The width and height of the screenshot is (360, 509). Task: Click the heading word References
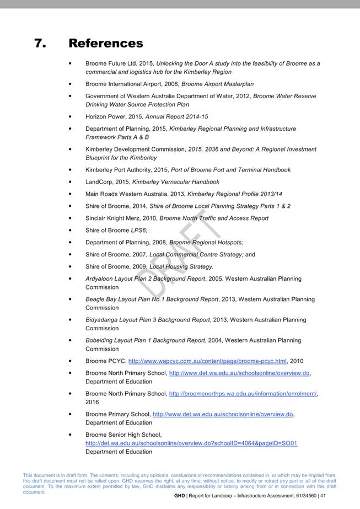coord(105,43)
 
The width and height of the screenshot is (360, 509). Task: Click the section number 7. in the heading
coord(40,43)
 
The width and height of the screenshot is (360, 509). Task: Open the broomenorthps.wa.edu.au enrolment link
coord(243,394)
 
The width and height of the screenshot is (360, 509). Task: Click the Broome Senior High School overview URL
coord(191,443)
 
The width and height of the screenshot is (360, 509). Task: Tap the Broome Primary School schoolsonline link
coord(223,414)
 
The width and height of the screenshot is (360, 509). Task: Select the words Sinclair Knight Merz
coord(113,218)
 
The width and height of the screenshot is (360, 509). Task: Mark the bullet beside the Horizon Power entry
coord(70,117)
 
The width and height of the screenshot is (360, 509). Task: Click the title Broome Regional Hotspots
coord(206,243)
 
